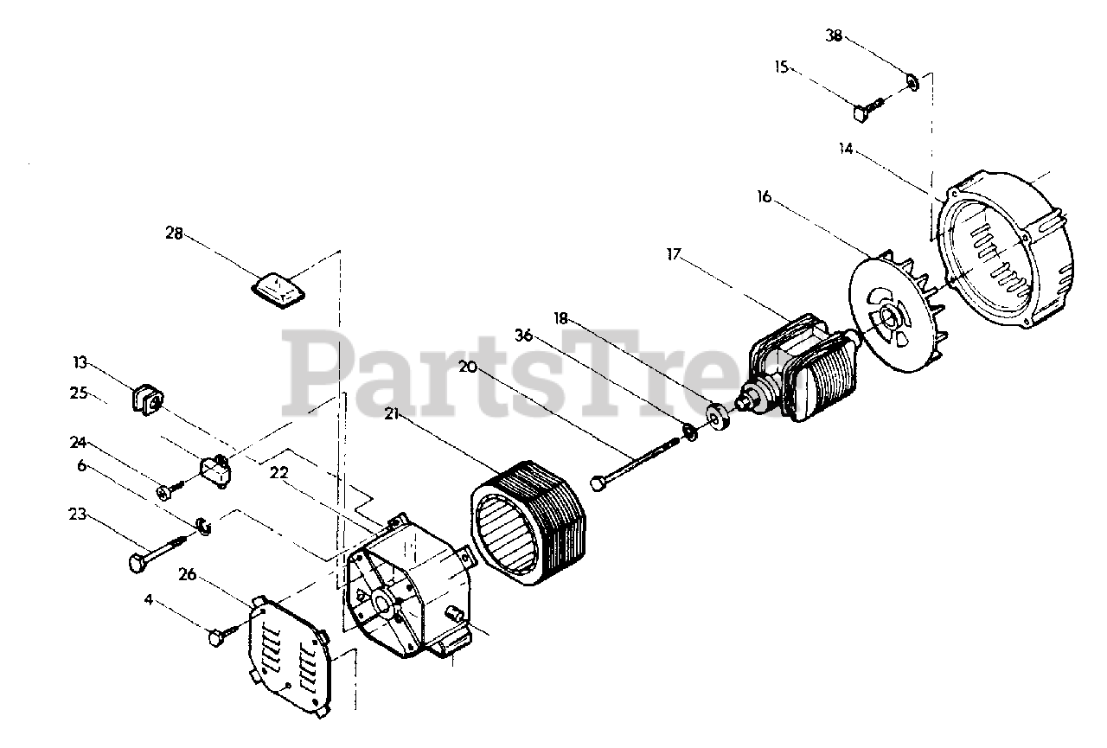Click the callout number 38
[834, 35]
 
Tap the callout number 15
[782, 67]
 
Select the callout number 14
[845, 149]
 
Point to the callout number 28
[174, 233]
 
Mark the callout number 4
[149, 598]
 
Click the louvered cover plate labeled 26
[289, 654]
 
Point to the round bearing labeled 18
[717, 416]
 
